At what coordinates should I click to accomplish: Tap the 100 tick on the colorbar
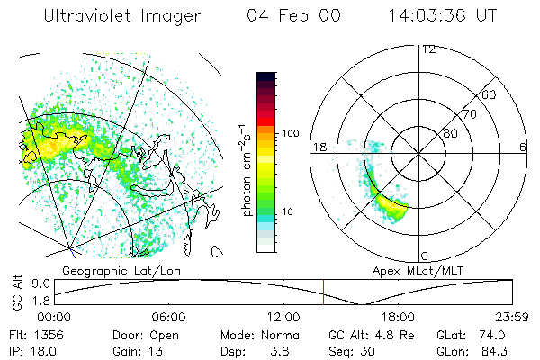pos(290,133)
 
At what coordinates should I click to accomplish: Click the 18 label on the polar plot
pos(318,147)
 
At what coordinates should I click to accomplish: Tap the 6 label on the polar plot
pos(523,147)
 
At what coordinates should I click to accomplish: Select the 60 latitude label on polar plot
pos(490,94)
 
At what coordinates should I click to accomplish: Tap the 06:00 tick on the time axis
pos(168,317)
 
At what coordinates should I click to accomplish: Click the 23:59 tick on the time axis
pos(514,317)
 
